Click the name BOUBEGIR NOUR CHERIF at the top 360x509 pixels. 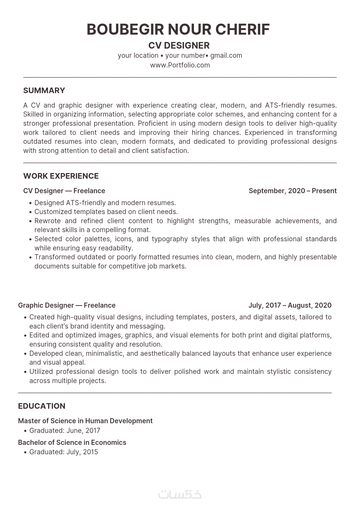point(178,29)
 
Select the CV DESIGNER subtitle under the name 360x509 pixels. point(179,46)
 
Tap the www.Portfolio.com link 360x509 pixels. point(180,65)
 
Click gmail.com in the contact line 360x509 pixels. point(226,55)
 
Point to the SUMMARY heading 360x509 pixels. point(44,91)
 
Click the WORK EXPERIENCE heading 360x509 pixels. point(61,176)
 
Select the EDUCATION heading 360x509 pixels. point(42,406)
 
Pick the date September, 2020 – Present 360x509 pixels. point(293,191)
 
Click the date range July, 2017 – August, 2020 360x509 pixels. point(290,305)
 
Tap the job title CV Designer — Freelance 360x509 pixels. point(64,191)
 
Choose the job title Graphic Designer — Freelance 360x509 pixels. point(67,305)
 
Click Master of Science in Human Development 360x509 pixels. point(85,421)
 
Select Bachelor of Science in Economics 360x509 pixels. point(72,443)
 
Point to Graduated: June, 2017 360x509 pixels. point(65,431)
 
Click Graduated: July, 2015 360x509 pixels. point(64,452)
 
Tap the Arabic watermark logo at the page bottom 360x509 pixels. point(180,494)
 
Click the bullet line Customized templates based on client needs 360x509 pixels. point(106,212)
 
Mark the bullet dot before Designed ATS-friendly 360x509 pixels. point(31,203)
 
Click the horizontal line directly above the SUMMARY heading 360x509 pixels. point(180,77)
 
